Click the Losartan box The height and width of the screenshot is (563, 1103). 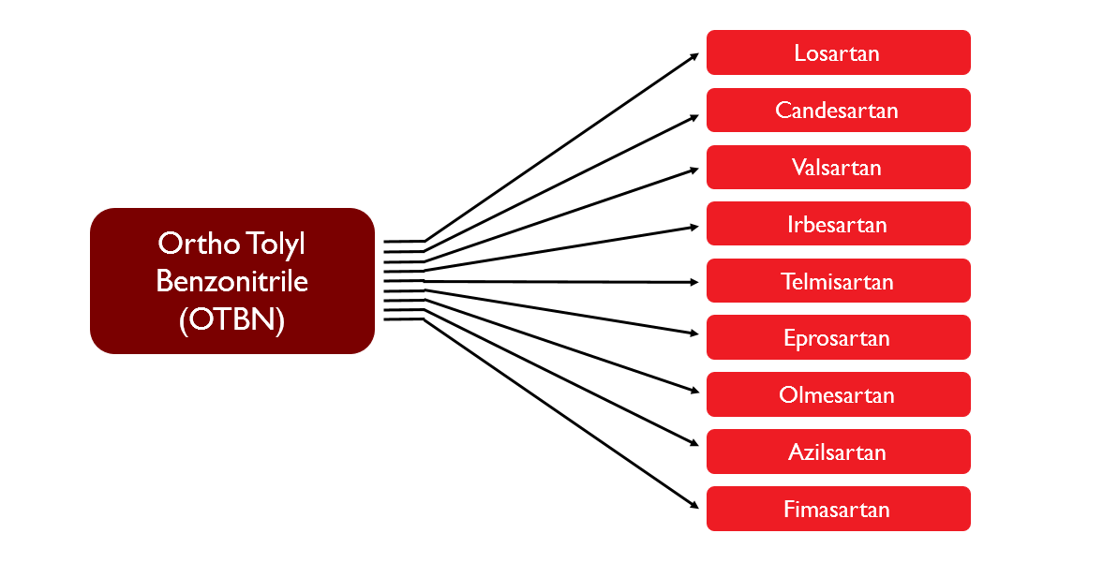[x=837, y=52]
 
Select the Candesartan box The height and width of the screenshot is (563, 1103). [x=837, y=111]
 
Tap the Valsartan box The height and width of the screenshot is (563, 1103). [x=837, y=168]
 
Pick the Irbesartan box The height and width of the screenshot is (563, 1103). [x=837, y=225]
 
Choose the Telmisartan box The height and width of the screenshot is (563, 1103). [x=837, y=282]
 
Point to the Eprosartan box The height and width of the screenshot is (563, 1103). [x=837, y=338]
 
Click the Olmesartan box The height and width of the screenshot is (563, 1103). [x=837, y=395]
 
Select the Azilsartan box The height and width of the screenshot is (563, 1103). [x=837, y=452]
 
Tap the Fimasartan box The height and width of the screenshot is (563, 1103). [x=837, y=510]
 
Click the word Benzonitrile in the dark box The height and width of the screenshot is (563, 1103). [x=231, y=281]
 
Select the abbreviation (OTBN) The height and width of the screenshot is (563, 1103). [x=231, y=319]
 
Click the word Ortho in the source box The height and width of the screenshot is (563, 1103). [x=190, y=244]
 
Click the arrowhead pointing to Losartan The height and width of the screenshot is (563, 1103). [x=694, y=55]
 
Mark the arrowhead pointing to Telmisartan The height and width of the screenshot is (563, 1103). [x=694, y=282]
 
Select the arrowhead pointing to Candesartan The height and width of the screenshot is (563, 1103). [x=694, y=116]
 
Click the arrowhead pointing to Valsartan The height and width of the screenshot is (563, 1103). [x=694, y=170]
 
